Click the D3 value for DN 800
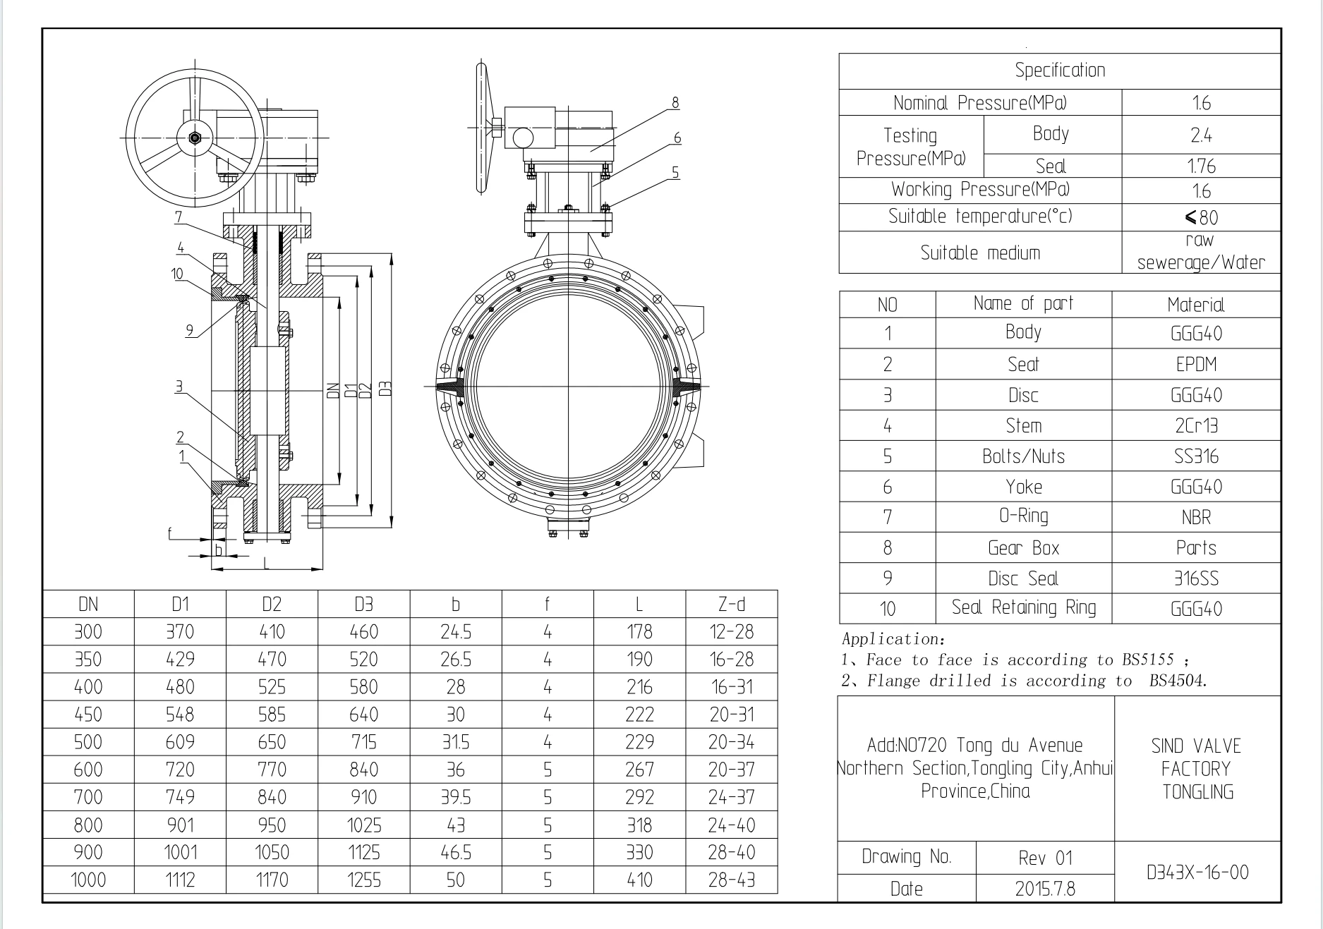(x=363, y=825)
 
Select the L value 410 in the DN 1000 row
(x=639, y=880)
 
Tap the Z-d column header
(x=731, y=604)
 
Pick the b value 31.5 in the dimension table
(x=455, y=742)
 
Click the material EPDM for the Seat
(x=1196, y=364)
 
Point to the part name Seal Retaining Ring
(x=1023, y=607)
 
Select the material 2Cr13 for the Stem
(x=1196, y=425)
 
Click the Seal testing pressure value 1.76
(x=1201, y=166)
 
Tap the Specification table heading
(x=1060, y=70)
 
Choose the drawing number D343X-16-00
(x=1197, y=872)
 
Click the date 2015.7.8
(x=1045, y=888)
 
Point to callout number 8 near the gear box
(x=675, y=103)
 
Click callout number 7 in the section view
(x=179, y=217)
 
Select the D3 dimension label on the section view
(x=385, y=389)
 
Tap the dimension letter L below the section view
(x=266, y=562)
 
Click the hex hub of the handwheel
(x=195, y=138)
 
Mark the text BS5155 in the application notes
(x=1147, y=660)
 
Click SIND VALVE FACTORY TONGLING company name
(x=1197, y=769)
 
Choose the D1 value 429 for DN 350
(x=180, y=660)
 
